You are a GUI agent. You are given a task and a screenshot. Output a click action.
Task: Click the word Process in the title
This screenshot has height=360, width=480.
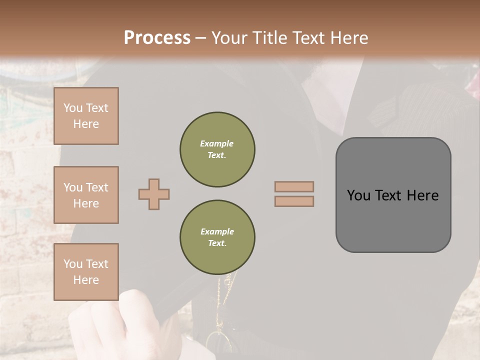point(157,38)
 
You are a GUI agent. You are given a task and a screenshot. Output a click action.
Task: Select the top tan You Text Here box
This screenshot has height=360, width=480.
point(86,116)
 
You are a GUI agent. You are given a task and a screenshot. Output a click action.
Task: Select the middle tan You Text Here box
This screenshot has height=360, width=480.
point(86,195)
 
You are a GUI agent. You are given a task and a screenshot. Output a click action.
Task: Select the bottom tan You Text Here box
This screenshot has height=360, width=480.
point(86,272)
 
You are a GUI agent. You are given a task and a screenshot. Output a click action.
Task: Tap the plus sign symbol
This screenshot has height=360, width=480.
point(154,194)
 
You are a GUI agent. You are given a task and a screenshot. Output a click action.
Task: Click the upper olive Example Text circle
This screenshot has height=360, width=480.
point(217,149)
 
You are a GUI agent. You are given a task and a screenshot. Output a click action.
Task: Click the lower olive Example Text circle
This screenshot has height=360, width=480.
point(217,237)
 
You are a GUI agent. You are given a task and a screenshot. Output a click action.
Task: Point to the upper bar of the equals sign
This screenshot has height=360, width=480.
point(294,186)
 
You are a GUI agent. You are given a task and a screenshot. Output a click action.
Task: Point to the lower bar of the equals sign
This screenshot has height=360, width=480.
point(294,201)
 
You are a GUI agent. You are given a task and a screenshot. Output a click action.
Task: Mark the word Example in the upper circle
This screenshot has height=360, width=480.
point(217,143)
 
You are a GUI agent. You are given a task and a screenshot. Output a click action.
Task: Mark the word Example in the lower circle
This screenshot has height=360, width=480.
point(217,231)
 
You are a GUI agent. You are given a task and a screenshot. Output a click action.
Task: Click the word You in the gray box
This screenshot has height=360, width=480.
point(357,195)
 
